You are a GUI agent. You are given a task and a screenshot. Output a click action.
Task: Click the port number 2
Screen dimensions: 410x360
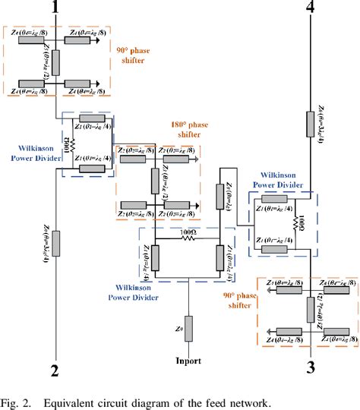point(54,371)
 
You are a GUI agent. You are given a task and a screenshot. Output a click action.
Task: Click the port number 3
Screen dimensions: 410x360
point(310,369)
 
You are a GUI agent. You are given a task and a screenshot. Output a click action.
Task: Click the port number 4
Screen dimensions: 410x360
point(309,9)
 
